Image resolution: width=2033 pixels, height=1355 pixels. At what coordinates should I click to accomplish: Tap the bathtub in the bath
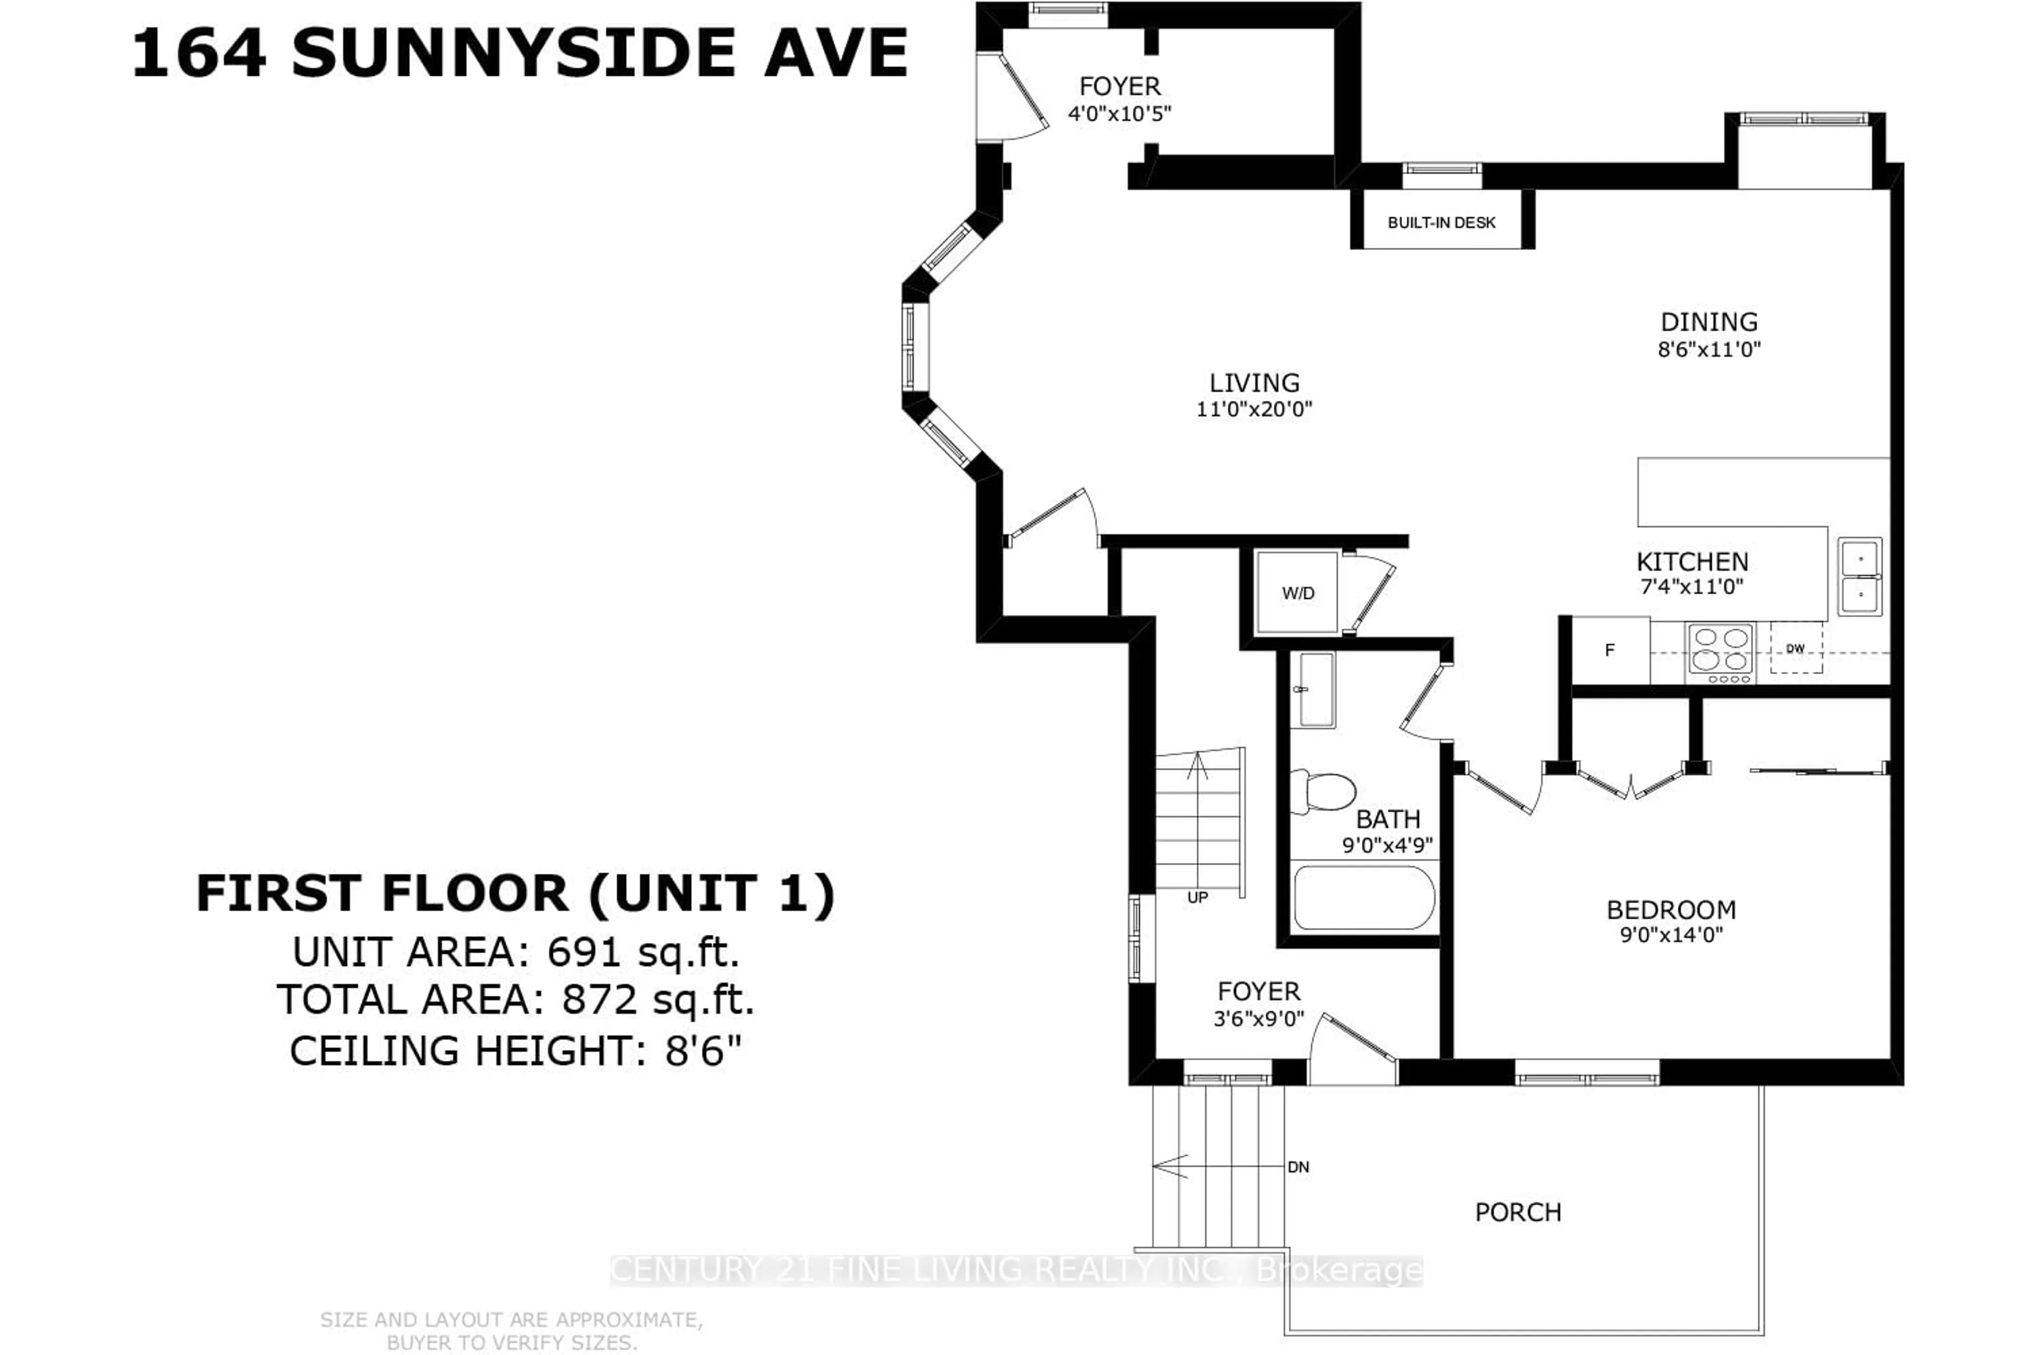click(1363, 898)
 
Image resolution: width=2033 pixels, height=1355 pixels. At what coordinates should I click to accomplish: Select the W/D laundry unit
click(1298, 593)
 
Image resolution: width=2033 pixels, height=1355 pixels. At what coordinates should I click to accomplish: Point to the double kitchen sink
click(1859, 575)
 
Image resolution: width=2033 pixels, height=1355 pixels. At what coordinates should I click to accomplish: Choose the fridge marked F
click(1609, 650)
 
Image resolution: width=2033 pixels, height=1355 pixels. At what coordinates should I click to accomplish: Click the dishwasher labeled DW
click(1795, 648)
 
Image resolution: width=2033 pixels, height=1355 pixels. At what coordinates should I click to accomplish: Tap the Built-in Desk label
click(1441, 222)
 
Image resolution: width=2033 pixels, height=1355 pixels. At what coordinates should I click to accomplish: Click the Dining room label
click(1709, 322)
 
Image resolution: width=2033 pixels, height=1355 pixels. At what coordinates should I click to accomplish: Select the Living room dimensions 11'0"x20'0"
click(1254, 409)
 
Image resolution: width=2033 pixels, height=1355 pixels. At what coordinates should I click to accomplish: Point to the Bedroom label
click(1671, 910)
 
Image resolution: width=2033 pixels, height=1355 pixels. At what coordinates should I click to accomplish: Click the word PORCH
click(1518, 1213)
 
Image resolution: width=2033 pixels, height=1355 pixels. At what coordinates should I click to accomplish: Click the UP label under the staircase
click(1197, 898)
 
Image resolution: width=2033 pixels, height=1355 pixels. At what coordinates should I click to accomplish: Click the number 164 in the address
click(199, 53)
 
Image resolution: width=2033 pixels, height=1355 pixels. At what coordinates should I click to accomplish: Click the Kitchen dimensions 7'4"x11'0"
click(1692, 587)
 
